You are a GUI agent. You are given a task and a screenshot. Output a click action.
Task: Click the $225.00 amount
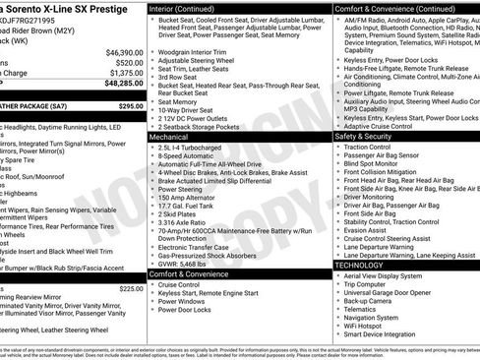130,288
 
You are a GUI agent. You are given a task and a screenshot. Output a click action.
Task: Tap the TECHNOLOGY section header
360,265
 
